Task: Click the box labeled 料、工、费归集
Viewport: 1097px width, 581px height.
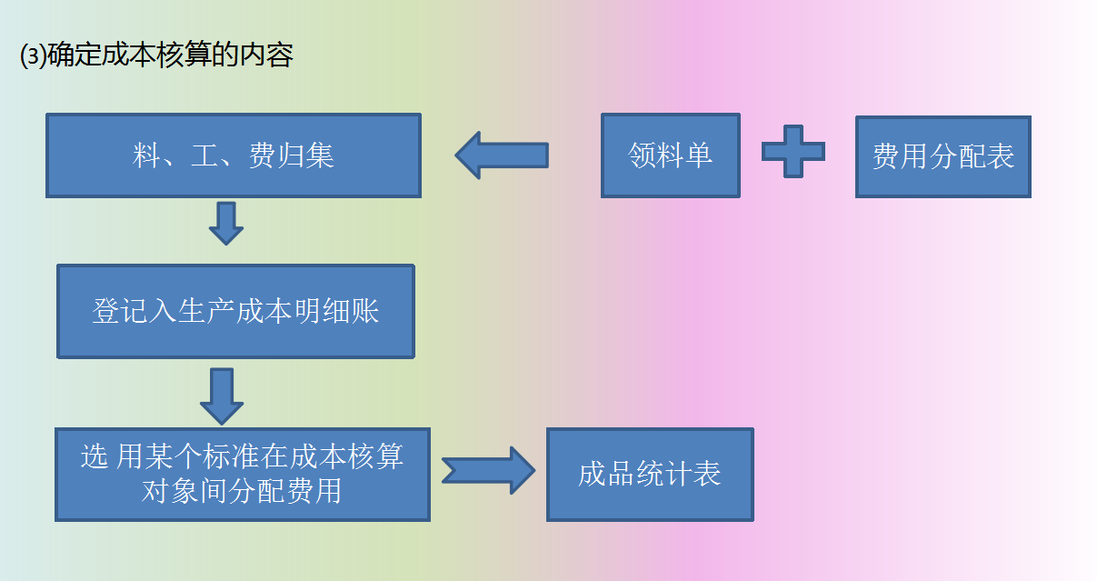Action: pos(233,155)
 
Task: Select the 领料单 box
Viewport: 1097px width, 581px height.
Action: pos(670,155)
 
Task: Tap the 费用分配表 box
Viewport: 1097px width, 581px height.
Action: pos(942,157)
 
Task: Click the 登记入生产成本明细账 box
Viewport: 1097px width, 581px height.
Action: pos(235,312)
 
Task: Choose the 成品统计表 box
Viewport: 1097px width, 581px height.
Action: pos(649,475)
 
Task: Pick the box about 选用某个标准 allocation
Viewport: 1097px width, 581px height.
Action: pos(242,475)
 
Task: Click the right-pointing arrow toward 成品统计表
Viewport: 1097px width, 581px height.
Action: pos(490,470)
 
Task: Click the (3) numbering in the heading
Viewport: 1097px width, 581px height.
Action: pos(32,56)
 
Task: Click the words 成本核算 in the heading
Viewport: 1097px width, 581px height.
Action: pos(158,56)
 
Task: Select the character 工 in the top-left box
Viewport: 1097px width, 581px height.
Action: pos(204,156)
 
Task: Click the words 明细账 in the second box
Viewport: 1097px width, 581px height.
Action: pos(350,312)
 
